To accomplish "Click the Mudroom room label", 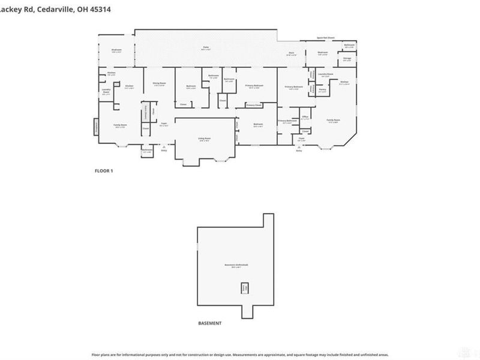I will [x=116, y=50].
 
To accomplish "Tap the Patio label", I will [x=205, y=47].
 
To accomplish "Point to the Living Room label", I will [x=205, y=138].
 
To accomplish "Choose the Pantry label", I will [x=322, y=91].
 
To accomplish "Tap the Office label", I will [x=305, y=117].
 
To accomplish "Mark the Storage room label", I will [x=347, y=59].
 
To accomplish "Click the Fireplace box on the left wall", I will [x=96, y=127].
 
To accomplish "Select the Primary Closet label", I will [x=254, y=105].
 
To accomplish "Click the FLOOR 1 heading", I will [x=104, y=171].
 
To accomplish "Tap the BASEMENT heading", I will [x=209, y=323].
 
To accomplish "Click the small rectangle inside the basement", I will [x=245, y=288].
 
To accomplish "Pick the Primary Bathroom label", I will [x=287, y=121].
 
